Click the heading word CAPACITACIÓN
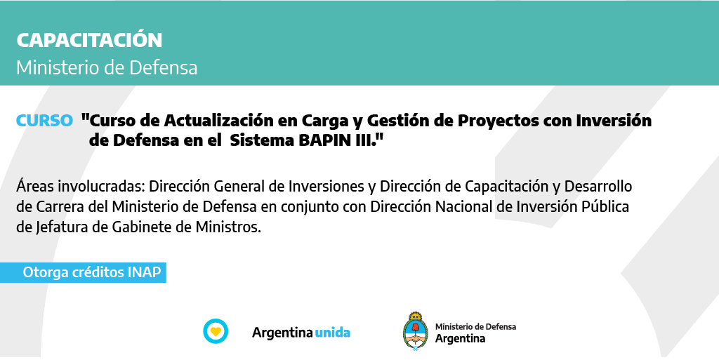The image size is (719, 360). click(89, 39)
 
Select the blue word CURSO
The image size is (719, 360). click(44, 121)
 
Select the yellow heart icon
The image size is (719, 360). click(216, 331)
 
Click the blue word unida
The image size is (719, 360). click(332, 333)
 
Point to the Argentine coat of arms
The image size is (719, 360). click(416, 331)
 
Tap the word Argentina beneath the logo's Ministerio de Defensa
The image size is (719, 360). click(460, 338)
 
